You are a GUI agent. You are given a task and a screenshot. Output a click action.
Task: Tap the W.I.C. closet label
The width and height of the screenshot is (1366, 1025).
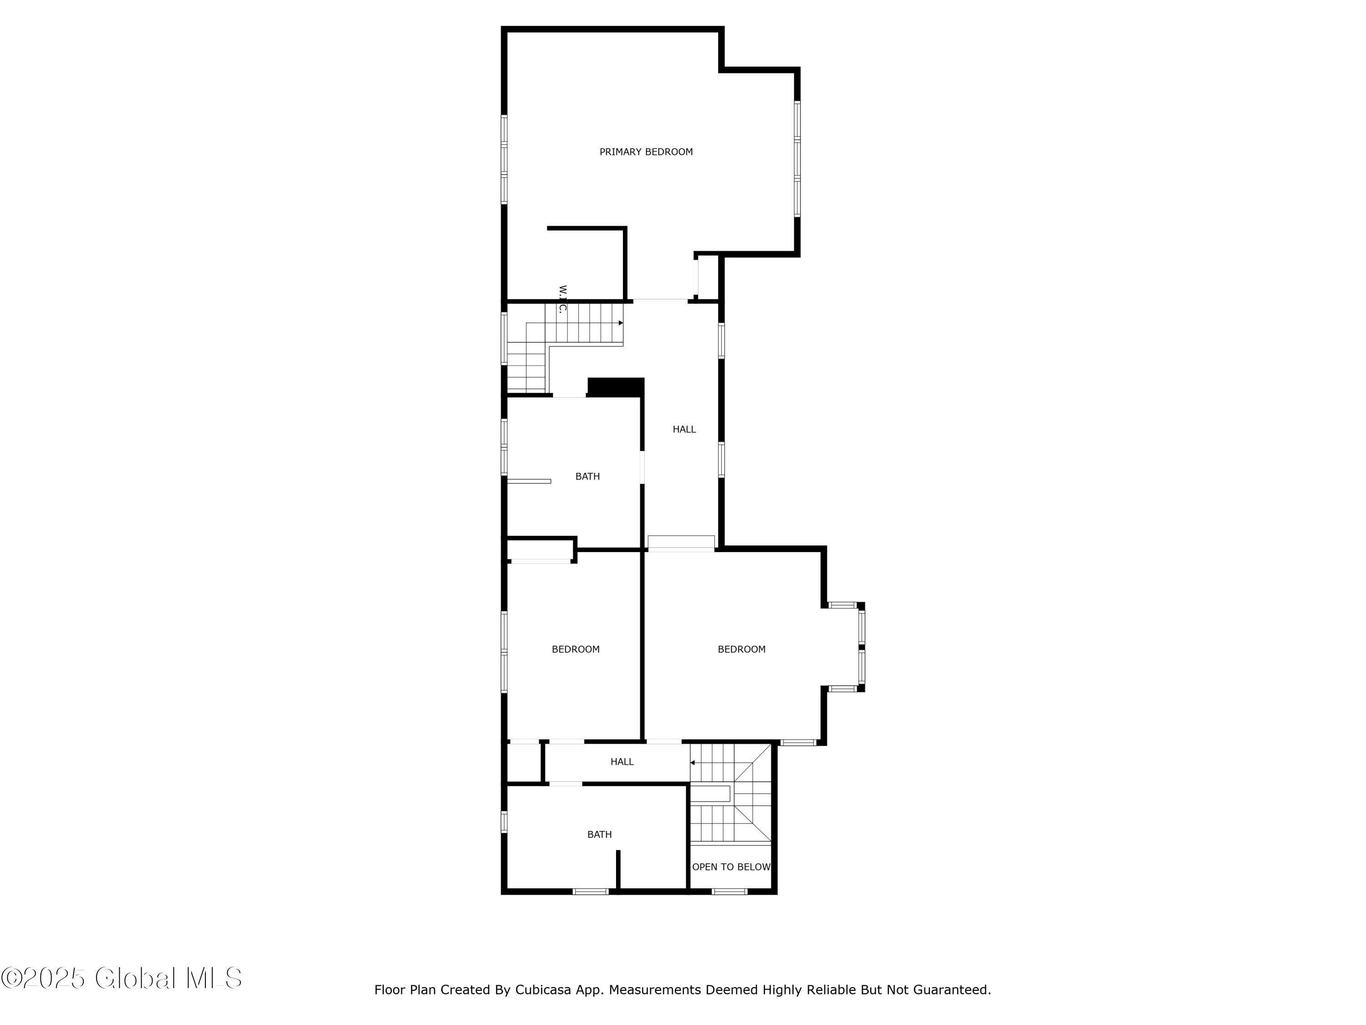(562, 300)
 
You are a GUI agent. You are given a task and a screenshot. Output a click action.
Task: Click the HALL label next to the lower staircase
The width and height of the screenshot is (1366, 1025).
(622, 762)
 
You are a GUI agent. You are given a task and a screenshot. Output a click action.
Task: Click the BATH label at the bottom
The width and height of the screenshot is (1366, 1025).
(599, 835)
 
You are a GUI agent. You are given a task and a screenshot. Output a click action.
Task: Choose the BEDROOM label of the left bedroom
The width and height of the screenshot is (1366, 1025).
(576, 649)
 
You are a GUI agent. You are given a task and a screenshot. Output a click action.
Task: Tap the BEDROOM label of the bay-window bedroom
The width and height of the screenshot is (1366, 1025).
(741, 649)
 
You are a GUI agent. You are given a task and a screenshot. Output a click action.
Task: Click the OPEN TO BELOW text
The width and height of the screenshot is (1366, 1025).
(731, 867)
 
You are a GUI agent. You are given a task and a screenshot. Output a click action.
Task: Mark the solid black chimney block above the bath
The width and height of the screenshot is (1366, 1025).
(616, 387)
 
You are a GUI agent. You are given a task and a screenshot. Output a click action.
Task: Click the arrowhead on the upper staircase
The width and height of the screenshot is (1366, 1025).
(621, 323)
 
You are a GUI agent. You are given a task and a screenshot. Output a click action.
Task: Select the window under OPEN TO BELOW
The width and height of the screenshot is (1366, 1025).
(729, 892)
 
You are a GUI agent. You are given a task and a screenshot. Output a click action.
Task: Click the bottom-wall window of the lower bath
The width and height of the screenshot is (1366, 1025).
(591, 892)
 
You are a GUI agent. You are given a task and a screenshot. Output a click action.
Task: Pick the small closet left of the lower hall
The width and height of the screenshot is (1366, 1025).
(524, 763)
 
